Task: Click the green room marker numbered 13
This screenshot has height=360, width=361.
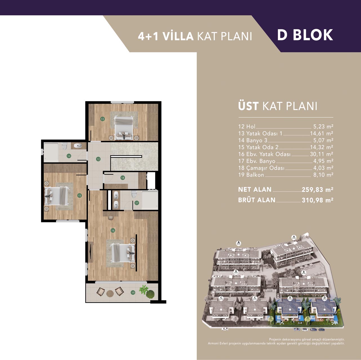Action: (102, 119)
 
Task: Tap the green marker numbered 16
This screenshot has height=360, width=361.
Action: (113, 230)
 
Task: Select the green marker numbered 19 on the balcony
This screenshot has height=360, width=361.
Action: (133, 292)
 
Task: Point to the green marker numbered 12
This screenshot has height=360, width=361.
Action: (98, 159)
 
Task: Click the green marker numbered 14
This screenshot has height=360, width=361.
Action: (69, 156)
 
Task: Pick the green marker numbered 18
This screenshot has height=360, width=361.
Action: (123, 178)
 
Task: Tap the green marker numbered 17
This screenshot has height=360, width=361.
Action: (137, 203)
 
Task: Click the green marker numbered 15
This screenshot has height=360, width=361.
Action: (79, 195)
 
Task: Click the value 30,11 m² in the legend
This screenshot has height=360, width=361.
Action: (322, 154)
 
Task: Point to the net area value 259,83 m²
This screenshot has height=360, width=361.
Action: (318, 190)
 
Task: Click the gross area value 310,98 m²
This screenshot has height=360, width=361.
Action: (318, 200)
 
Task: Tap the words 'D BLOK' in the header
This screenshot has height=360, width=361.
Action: (305, 35)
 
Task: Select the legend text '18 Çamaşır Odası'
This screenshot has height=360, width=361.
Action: (261, 168)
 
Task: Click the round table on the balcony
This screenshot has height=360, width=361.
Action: (110, 293)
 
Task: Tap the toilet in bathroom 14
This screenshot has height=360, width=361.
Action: (64, 146)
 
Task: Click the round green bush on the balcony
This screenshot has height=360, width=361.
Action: (150, 294)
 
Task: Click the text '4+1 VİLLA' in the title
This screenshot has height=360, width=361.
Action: (166, 36)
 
